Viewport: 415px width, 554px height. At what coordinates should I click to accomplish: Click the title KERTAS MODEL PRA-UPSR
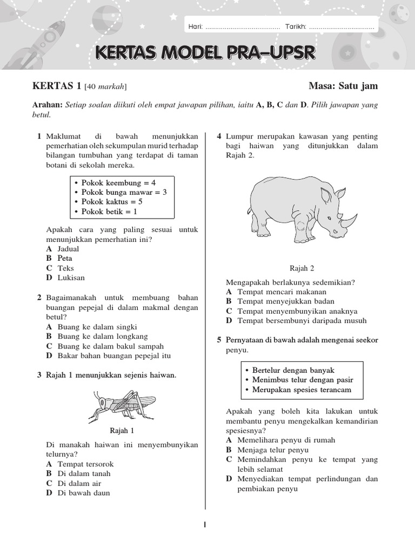[x=205, y=53]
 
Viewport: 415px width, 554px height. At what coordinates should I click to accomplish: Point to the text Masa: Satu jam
[x=343, y=86]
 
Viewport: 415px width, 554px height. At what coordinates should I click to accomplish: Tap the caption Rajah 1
[x=122, y=431]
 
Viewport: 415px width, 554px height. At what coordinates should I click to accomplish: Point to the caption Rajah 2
[x=302, y=268]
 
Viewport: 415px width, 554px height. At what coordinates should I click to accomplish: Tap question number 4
[x=219, y=136]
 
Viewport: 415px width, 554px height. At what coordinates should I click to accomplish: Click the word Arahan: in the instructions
[x=48, y=105]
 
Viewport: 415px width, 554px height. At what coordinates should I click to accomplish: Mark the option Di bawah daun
[x=83, y=493]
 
